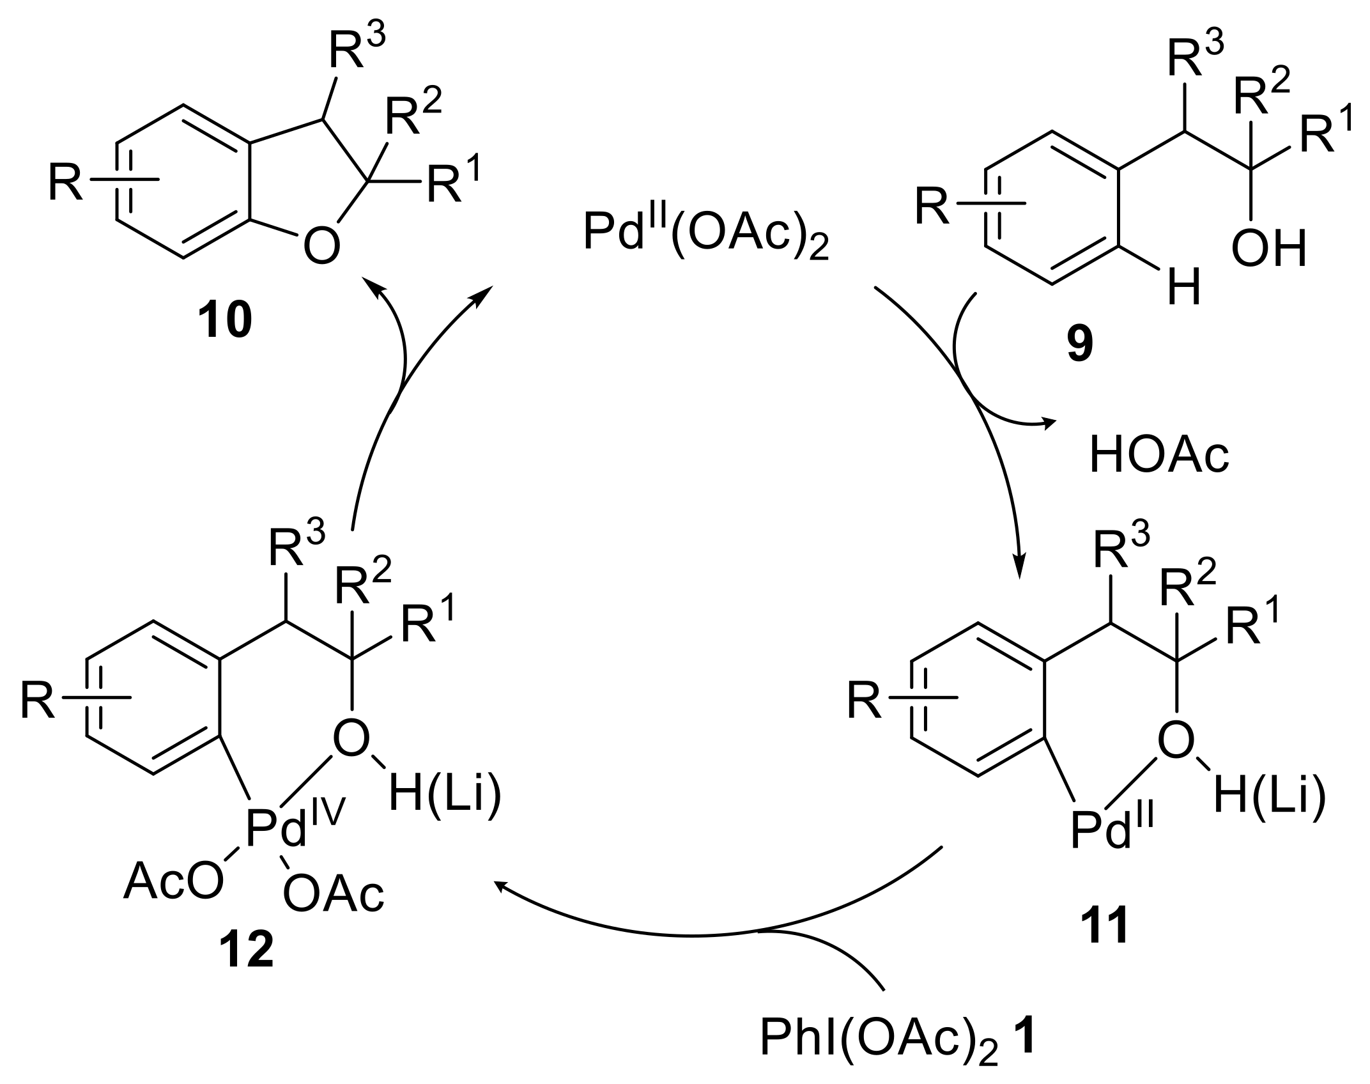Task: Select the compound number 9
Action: (x=1079, y=345)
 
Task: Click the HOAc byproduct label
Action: (x=1159, y=456)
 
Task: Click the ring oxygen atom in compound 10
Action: (x=321, y=247)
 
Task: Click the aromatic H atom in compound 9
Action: (x=1184, y=288)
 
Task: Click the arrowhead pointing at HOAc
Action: (x=1049, y=421)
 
